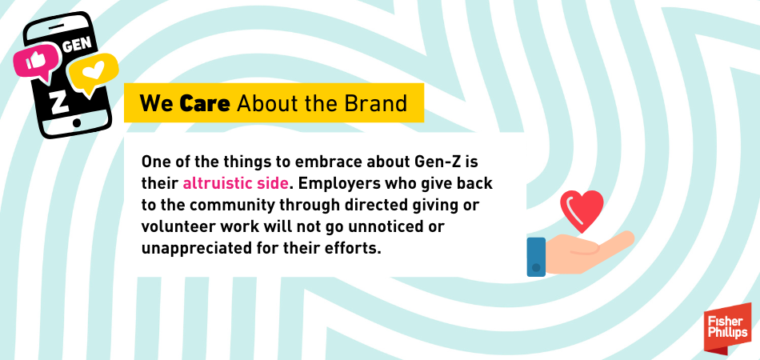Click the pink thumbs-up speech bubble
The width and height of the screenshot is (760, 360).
pyautogui.click(x=35, y=62)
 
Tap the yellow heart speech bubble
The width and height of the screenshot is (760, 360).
pyautogui.click(x=93, y=74)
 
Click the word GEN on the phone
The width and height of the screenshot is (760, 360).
pyautogui.click(x=77, y=45)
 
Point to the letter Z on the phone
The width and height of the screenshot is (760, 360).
pyautogui.click(x=58, y=102)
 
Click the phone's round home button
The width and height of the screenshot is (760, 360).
pyautogui.click(x=76, y=123)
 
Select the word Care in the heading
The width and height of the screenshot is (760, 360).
pyautogui.click(x=205, y=103)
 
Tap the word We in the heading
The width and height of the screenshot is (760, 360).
pyautogui.click(x=157, y=103)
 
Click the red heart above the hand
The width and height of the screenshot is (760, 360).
pyautogui.click(x=582, y=210)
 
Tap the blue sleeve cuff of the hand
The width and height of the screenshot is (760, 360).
pyautogui.click(x=536, y=257)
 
